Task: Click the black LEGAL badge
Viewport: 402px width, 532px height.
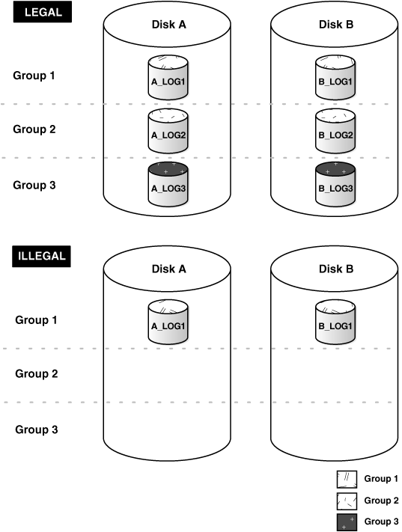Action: [41, 13]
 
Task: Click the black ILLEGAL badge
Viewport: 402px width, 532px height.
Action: [41, 257]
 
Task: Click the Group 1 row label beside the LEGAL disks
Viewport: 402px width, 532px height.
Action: [34, 76]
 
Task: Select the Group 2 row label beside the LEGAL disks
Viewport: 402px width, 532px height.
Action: [34, 129]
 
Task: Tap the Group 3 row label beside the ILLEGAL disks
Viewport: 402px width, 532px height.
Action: [37, 429]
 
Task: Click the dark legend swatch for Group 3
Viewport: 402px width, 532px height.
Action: [347, 522]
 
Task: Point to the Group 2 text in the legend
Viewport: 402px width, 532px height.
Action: [380, 501]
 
